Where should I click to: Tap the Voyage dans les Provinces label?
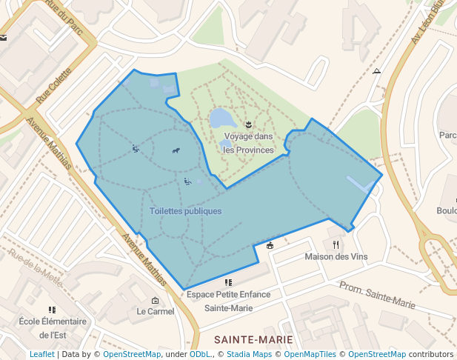click(x=248, y=143)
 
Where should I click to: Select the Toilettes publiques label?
click(x=185, y=211)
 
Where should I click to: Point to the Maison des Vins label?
click(x=336, y=257)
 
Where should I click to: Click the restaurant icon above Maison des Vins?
click(x=336, y=244)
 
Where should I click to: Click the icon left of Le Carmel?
click(x=154, y=300)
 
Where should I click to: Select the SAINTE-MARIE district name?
click(x=253, y=340)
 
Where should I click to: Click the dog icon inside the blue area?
click(x=176, y=151)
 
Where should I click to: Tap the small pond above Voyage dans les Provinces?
click(x=221, y=118)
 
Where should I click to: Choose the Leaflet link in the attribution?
click(x=41, y=355)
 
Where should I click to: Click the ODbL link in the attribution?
click(x=200, y=355)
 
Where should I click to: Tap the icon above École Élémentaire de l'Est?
click(x=52, y=310)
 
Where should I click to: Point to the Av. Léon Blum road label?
click(x=428, y=30)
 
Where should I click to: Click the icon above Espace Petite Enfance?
click(x=228, y=282)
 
